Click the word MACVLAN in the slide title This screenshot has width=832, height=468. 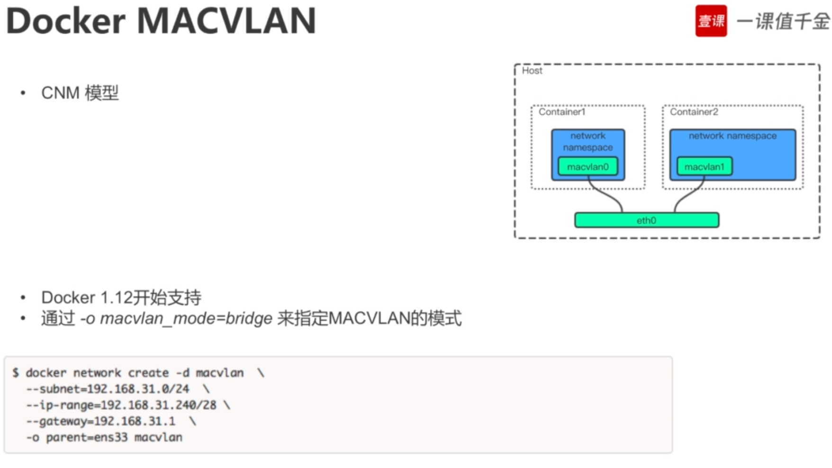[226, 21]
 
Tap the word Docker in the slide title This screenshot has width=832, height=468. [66, 21]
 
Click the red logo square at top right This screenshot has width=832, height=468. [711, 21]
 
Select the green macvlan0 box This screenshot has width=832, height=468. [588, 167]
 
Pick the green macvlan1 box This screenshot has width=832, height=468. [704, 167]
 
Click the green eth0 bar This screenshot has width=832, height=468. [646, 220]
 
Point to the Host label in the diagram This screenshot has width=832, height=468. [532, 71]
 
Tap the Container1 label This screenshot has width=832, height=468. [562, 112]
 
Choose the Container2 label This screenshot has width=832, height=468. [694, 112]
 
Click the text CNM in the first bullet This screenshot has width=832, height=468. [60, 93]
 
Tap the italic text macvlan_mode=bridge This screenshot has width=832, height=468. [186, 318]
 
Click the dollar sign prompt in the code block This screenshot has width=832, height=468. [16, 373]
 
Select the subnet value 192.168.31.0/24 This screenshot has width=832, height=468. [138, 389]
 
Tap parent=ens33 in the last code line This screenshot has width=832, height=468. [87, 437]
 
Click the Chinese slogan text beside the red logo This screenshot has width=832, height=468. [783, 21]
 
